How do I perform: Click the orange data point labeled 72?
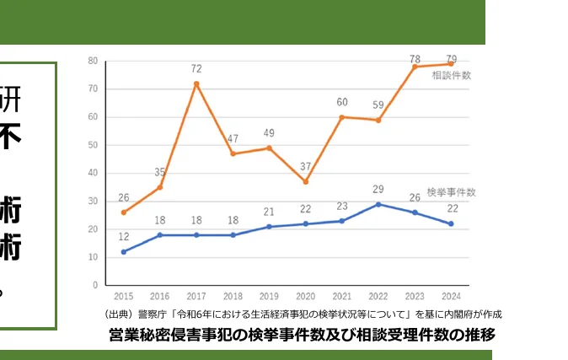[196, 83]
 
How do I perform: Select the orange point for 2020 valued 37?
[305, 181]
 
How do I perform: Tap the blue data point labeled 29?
[378, 204]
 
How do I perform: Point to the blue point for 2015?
[123, 251]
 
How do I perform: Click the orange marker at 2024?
[451, 64]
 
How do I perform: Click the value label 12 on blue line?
[123, 237]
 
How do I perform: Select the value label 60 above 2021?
[341, 103]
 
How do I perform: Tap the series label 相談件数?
[452, 76]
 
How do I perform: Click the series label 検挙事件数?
[452, 191]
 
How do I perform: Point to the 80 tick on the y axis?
[93, 61]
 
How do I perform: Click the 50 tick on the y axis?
[93, 145]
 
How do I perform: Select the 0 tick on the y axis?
[95, 285]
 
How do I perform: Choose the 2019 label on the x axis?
[269, 297]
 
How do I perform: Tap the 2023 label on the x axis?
[415, 297]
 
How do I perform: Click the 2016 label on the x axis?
[160, 297]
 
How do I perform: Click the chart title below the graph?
[302, 335]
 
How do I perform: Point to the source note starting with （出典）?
[301, 314]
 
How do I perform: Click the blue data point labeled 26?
[415, 212]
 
